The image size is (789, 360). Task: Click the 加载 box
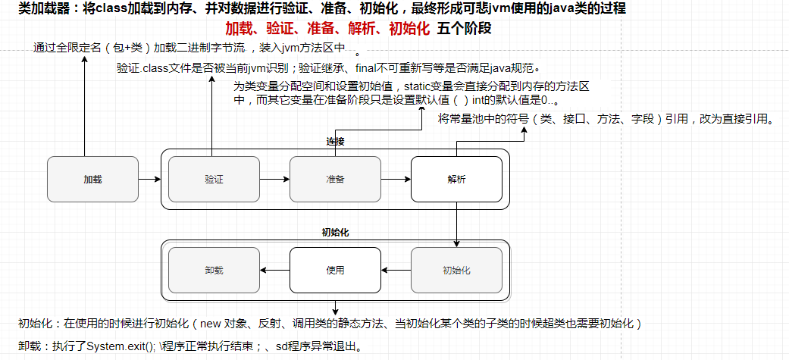[92, 180]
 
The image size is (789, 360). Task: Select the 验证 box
[214, 180]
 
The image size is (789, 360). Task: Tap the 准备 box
[335, 180]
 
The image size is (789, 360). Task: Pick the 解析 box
[456, 180]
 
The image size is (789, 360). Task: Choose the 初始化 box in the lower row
[456, 270]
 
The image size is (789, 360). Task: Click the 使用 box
[335, 270]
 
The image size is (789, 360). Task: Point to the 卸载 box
[214, 270]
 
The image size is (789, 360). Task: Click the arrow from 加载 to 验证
[150, 180]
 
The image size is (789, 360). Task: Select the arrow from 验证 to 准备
[274, 180]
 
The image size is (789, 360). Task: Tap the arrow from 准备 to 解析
[396, 180]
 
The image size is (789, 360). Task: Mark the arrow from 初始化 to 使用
[396, 270]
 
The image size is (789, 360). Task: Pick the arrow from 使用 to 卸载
[274, 270]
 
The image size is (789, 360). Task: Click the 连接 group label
[335, 142]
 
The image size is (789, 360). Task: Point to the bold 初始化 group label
[335, 232]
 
